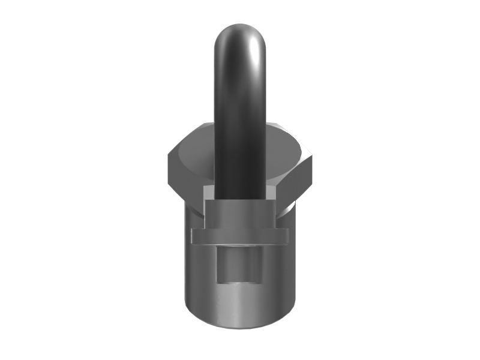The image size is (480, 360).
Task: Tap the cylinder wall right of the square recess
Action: (x=279, y=270)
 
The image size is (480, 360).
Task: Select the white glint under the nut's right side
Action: (x=290, y=207)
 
